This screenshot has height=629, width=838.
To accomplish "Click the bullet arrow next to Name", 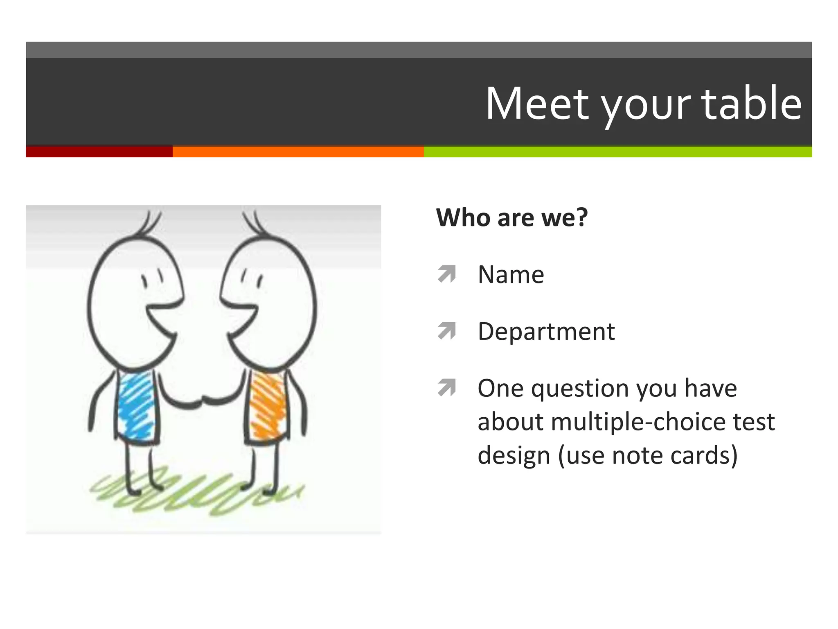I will [x=446, y=274].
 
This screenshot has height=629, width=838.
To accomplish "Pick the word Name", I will [x=511, y=274].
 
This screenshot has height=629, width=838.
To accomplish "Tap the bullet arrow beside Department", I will [x=446, y=331].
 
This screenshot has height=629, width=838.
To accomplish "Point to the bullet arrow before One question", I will [x=446, y=387].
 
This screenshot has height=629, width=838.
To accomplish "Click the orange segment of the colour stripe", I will [x=298, y=152].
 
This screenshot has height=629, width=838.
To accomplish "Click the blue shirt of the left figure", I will [x=136, y=405].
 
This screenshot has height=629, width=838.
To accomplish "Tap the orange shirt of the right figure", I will [x=267, y=405].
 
